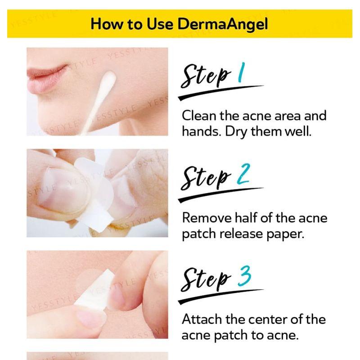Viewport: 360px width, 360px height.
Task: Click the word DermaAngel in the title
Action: pyautogui.click(x=223, y=23)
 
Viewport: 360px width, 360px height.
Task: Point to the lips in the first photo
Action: pyautogui.click(x=45, y=72)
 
